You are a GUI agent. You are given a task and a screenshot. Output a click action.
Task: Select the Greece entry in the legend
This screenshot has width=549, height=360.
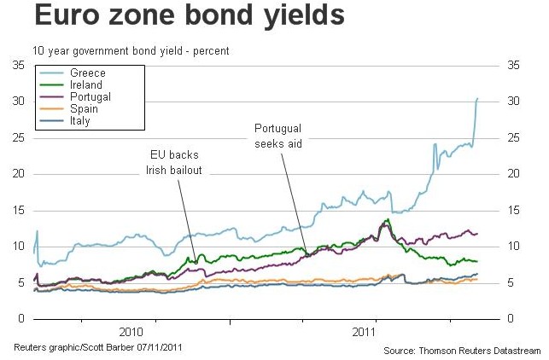tap(88, 73)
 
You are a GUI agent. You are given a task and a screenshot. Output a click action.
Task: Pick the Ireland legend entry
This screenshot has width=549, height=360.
tap(86, 85)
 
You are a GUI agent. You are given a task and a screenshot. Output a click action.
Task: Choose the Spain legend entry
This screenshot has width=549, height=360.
tap(83, 109)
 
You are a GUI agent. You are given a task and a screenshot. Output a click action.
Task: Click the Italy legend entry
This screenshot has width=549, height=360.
tap(80, 121)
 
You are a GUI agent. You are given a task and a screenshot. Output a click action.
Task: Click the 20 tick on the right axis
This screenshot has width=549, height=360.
tap(513, 174)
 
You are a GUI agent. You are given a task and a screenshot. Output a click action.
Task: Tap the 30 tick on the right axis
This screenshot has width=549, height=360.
tap(513, 102)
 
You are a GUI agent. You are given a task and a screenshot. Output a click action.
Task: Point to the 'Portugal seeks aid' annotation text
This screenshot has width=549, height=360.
tap(278, 136)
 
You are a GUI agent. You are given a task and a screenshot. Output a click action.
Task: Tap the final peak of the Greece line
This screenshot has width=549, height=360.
tap(477, 99)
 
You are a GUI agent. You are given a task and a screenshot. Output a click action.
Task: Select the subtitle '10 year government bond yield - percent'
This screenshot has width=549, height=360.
tap(131, 51)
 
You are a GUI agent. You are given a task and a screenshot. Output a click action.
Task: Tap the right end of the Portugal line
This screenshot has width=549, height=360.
tap(477, 233)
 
